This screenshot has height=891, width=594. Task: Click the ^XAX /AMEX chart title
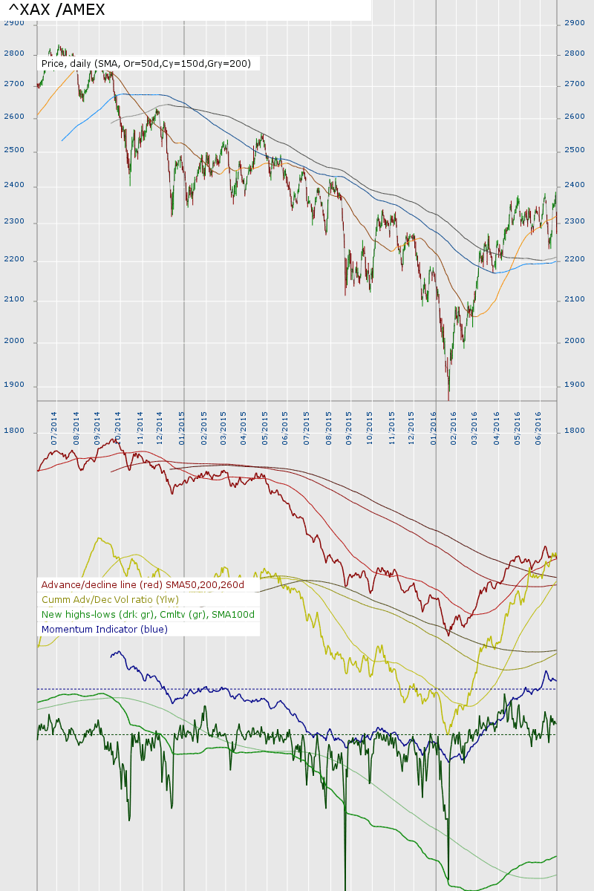click(x=56, y=10)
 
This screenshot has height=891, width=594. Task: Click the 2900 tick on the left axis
click(x=14, y=23)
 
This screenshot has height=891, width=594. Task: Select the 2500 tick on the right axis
click(x=575, y=151)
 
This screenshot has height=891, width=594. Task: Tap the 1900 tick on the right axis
click(x=575, y=385)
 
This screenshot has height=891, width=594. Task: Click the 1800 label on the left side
click(x=14, y=431)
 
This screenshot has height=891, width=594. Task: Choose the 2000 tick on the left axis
click(x=14, y=341)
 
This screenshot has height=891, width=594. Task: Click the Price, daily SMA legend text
click(x=146, y=64)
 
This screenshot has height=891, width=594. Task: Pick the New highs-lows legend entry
click(x=148, y=615)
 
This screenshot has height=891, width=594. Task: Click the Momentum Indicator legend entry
click(x=105, y=630)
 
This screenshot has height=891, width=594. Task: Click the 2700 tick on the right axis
click(x=575, y=85)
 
